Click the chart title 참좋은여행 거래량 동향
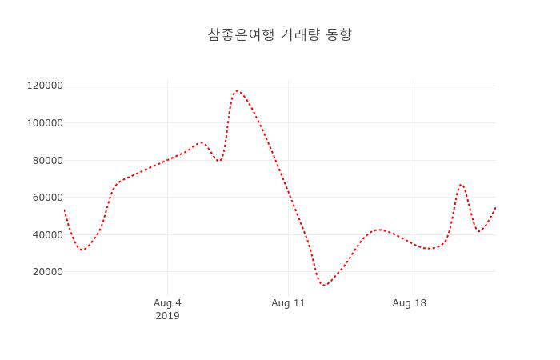click(279, 35)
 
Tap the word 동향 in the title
click(339, 35)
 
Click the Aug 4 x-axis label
click(167, 303)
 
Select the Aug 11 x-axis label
click(288, 303)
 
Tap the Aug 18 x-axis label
click(410, 303)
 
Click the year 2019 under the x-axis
click(167, 316)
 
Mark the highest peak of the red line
click(237, 90)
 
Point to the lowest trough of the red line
click(324, 285)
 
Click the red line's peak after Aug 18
click(461, 185)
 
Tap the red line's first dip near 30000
click(82, 250)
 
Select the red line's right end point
click(496, 207)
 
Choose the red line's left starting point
click(64, 210)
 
